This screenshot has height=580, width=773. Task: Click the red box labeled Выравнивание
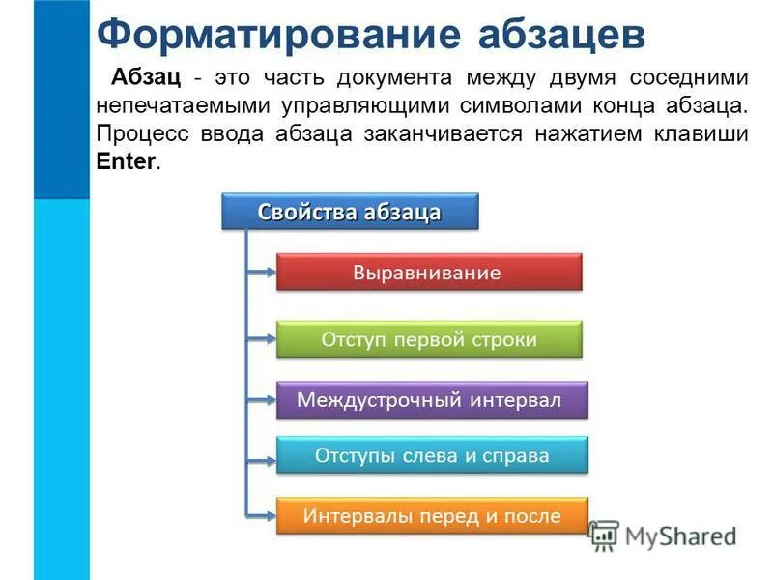click(429, 273)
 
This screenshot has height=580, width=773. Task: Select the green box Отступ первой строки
click(429, 339)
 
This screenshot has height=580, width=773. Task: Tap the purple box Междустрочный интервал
click(431, 399)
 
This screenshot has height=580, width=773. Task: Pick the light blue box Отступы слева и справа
click(431, 455)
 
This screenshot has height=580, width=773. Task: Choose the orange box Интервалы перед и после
click(431, 516)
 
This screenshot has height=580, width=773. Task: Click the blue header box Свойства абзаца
click(350, 213)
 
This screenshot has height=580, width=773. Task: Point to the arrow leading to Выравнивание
click(262, 273)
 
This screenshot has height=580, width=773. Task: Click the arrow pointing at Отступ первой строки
click(262, 339)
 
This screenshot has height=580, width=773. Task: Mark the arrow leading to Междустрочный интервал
click(262, 399)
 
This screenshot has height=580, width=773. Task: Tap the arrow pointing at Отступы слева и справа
click(262, 455)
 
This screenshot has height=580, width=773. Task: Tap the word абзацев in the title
click(561, 35)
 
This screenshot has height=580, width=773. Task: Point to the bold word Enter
click(125, 161)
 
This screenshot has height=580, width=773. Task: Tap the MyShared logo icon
click(604, 535)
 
